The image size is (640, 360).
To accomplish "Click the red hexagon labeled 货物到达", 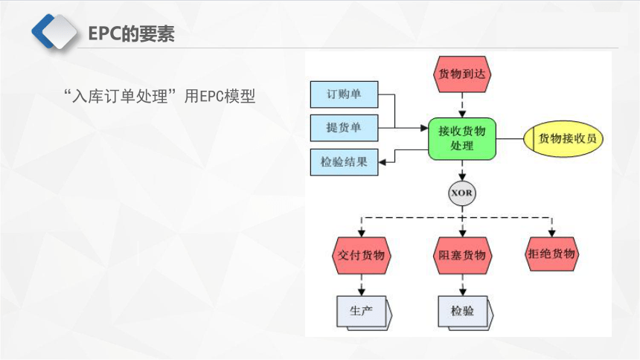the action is pyautogui.click(x=462, y=74).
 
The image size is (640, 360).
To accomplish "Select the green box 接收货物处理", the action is pyautogui.click(x=462, y=139).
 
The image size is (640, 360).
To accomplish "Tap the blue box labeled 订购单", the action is pyautogui.click(x=344, y=94).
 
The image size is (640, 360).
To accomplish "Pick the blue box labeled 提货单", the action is pyautogui.click(x=344, y=128).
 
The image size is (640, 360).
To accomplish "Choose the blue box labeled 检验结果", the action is pyautogui.click(x=344, y=162).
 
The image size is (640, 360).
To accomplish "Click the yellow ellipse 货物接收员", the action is pyautogui.click(x=563, y=139).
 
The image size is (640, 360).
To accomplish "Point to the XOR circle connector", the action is pyautogui.click(x=462, y=193).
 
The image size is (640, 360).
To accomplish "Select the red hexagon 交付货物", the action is pyautogui.click(x=361, y=256).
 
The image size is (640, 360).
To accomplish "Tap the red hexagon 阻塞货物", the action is pyautogui.click(x=462, y=256).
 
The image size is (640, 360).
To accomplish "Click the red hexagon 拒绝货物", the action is pyautogui.click(x=551, y=254).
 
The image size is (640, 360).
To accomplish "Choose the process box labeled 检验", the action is pyautogui.click(x=465, y=312).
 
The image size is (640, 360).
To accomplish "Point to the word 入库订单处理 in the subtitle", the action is pyautogui.click(x=120, y=97).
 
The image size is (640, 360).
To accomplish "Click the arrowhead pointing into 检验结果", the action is pyautogui.click(x=383, y=162).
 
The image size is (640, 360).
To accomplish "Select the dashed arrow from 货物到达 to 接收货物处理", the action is pyautogui.click(x=462, y=106).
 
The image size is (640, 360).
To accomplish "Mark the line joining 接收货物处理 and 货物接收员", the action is pyautogui.click(x=510, y=139).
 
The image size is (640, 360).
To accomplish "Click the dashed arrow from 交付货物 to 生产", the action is pyautogui.click(x=361, y=285).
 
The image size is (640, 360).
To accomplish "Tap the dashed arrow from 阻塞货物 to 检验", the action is pyautogui.click(x=462, y=285).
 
